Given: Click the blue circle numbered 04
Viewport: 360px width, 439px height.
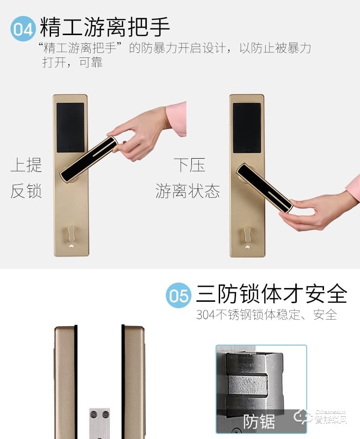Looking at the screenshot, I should point(23,29).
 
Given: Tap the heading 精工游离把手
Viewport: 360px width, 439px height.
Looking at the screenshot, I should point(105,27).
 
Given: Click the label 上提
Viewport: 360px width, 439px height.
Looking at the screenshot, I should point(26,165).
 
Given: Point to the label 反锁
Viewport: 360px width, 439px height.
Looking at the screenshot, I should point(26,191).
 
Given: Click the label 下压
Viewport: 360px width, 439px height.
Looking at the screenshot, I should point(189,165).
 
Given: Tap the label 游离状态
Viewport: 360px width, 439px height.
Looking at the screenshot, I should point(187,191).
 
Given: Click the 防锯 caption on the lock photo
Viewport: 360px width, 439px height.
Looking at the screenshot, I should point(259,422).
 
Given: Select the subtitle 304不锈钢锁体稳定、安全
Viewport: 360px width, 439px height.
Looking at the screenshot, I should point(267,315).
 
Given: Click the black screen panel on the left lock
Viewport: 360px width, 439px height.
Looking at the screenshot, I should point(70,127).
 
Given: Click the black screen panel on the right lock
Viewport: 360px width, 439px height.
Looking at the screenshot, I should point(247,128).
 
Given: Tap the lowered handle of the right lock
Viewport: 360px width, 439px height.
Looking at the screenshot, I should point(264,187).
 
